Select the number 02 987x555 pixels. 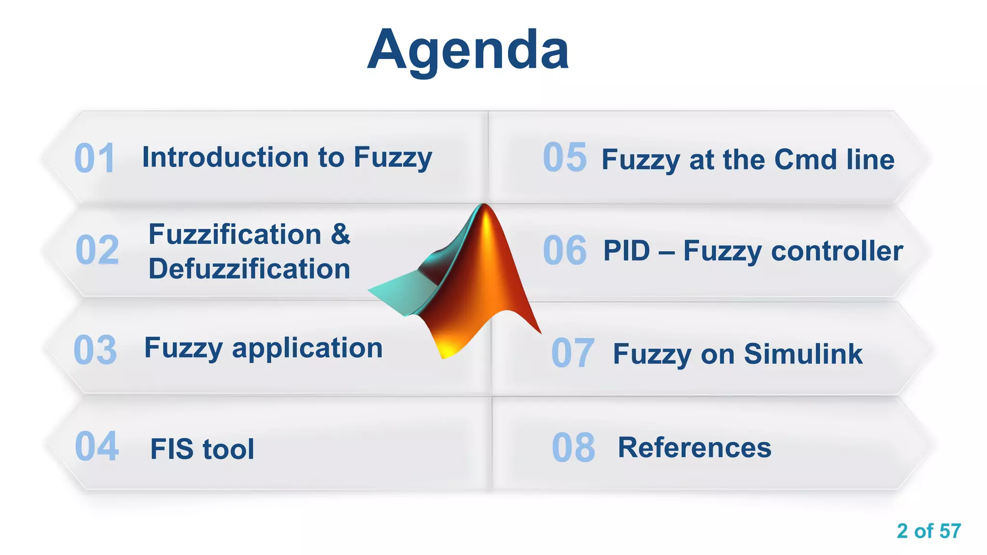coord(97,250)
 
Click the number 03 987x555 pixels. coord(95,350)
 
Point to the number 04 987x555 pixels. coord(97,447)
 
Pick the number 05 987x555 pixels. coord(565,158)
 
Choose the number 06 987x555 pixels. coord(565,251)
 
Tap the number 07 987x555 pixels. coord(573,353)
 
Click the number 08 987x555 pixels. coord(574,448)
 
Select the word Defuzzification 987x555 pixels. coord(249,269)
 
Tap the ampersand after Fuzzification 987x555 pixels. coord(340,235)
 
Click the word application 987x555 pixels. coord(307,348)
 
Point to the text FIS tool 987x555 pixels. coord(202,449)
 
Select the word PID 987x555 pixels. coord(627,251)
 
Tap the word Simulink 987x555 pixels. coord(803,354)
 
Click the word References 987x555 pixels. coord(694,448)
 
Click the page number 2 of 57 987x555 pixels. coord(929,531)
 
